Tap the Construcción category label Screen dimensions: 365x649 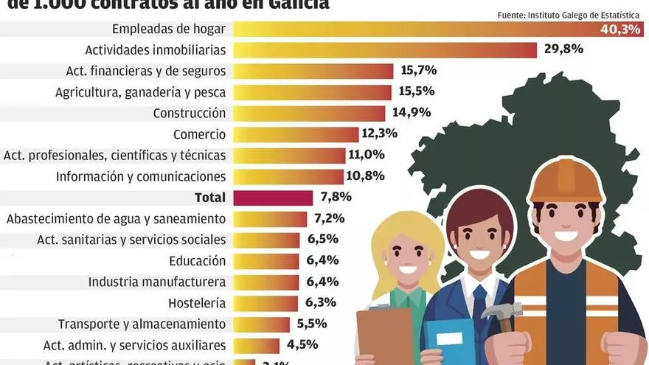point(189,114)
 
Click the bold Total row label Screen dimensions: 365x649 point(210,198)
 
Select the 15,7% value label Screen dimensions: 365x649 point(419,71)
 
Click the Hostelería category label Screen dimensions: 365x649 point(197,302)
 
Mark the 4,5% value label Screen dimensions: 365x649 point(303,344)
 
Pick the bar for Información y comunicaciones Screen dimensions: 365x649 point(288,177)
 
